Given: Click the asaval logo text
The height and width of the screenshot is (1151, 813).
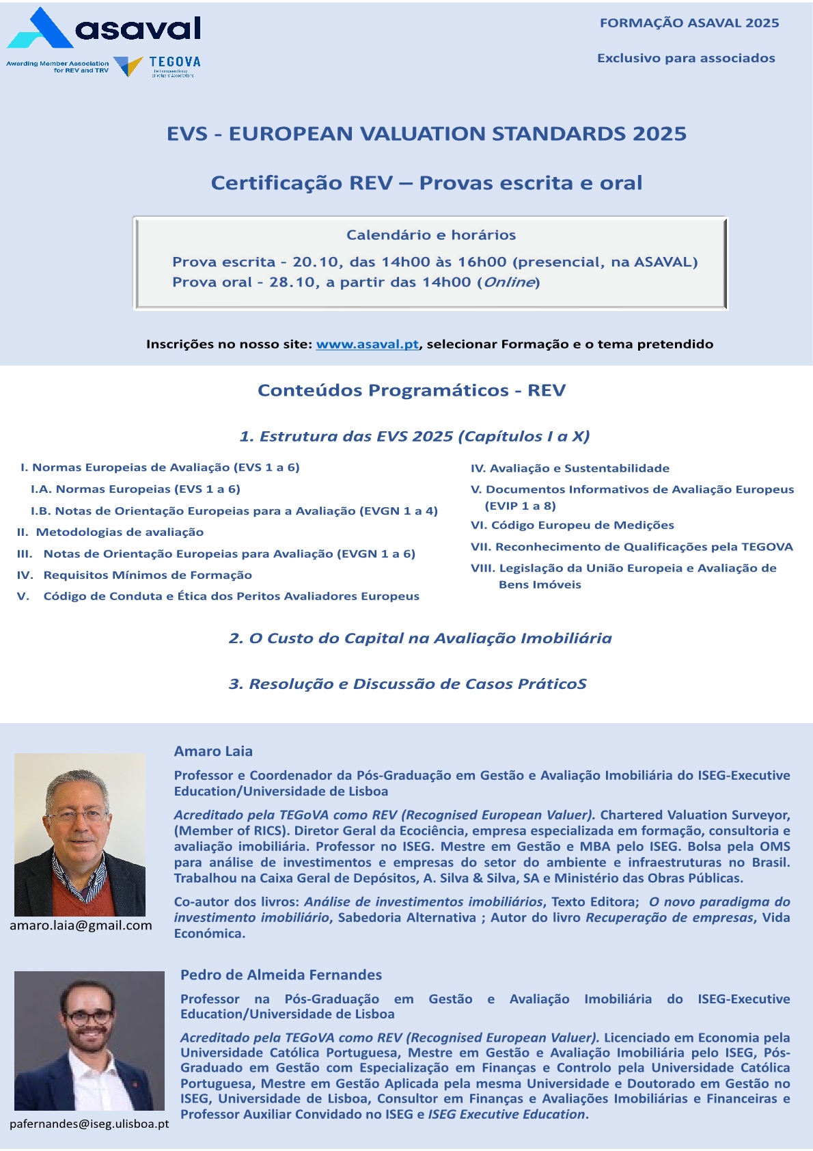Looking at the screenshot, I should tap(139, 29).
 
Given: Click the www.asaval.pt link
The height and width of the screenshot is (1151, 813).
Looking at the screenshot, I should tap(367, 344).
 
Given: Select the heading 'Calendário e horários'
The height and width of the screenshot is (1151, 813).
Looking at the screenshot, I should tap(430, 235).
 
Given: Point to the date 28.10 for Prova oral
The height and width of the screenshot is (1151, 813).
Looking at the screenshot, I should tap(293, 282).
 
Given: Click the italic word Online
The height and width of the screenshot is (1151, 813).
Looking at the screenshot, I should tap(509, 282).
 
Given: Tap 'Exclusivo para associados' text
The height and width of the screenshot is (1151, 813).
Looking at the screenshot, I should tap(686, 58).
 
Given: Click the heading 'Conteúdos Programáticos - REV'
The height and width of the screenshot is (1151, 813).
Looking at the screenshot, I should tap(411, 390).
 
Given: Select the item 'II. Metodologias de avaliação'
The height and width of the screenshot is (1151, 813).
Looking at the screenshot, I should tap(111, 532).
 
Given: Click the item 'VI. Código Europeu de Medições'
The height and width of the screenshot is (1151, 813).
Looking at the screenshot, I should tap(572, 525).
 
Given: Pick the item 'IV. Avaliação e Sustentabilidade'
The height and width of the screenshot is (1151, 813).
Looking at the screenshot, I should tap(570, 468).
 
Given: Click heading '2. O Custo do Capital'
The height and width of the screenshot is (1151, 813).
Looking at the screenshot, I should tap(419, 638).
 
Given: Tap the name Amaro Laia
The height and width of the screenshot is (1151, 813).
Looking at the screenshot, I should tap(213, 751).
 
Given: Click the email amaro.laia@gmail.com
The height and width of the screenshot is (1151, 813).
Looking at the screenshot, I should tap(81, 925).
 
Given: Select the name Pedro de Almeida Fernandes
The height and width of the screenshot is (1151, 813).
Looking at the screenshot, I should tap(281, 975).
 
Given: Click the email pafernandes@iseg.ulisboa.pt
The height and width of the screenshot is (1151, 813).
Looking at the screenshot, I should tap(89, 1124).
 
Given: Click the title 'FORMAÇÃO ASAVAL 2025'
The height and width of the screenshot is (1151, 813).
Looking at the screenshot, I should tap(689, 23).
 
